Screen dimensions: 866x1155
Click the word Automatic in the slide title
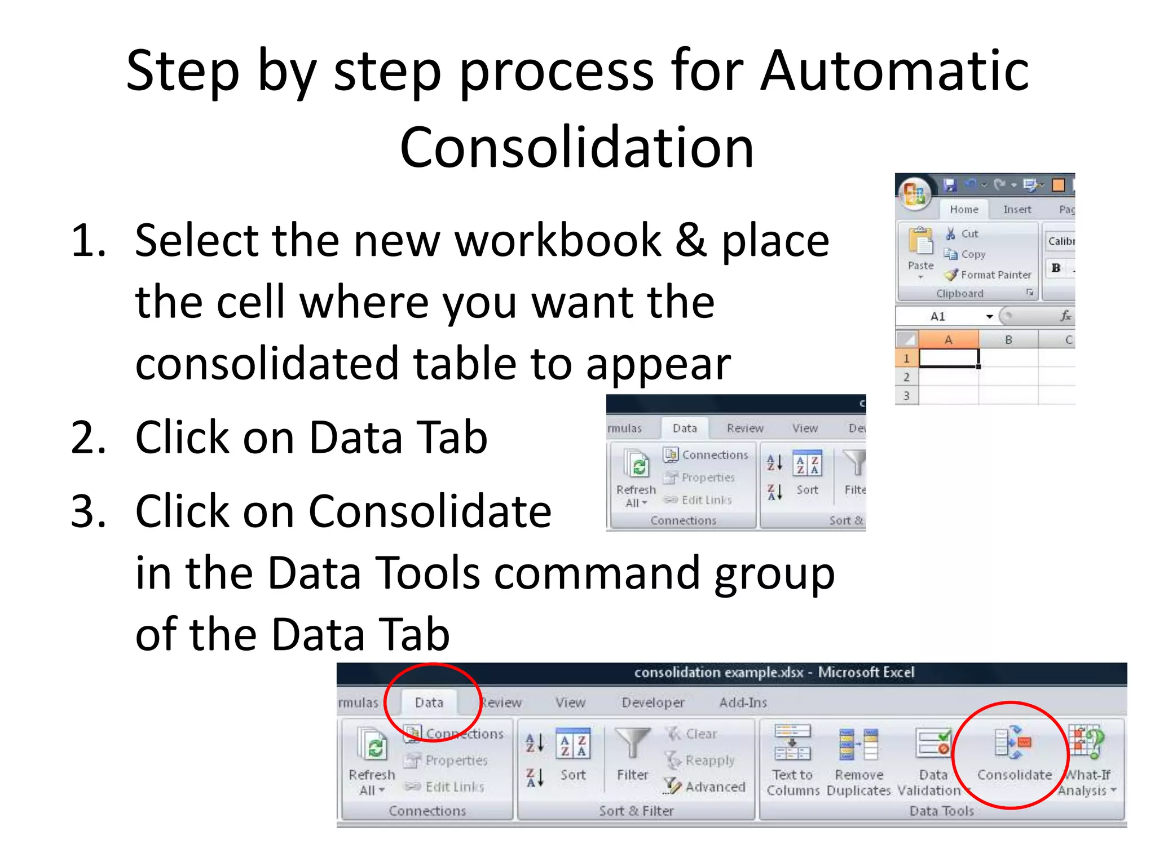coord(894,71)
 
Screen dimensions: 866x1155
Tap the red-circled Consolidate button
coord(1014,755)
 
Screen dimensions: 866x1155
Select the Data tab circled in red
coord(429,702)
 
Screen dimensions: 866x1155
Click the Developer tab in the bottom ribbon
coord(653,702)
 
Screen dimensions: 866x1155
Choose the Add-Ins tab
coord(743,702)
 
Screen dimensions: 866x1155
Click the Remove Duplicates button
coord(858,758)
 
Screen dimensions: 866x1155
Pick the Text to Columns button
coord(792,758)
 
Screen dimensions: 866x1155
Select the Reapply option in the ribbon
coord(702,760)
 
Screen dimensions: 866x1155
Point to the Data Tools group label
coord(941,811)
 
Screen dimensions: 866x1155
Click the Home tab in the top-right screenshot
coord(964,209)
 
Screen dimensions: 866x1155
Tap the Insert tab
coord(1017,209)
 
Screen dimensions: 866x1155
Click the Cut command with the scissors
coord(963,233)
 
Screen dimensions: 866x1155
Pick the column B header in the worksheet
coord(1008,340)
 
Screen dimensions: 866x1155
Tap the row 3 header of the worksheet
coord(906,395)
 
